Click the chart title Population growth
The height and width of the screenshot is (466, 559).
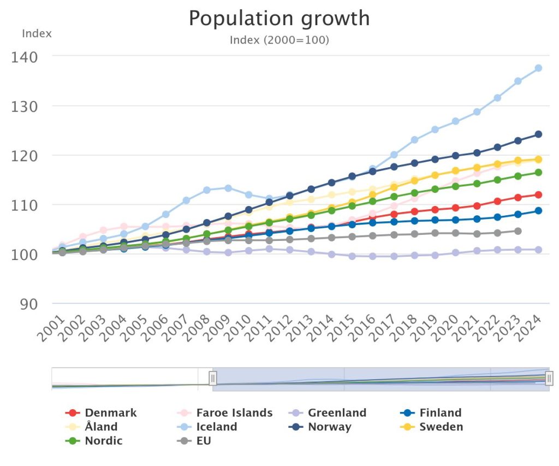click(x=279, y=19)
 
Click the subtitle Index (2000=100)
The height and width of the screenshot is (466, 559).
click(x=279, y=40)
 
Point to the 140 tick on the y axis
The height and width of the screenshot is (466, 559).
click(x=27, y=56)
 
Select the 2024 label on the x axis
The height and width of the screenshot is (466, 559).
click(x=532, y=329)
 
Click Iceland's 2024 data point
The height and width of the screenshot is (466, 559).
click(x=538, y=68)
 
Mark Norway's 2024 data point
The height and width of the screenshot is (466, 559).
click(x=538, y=134)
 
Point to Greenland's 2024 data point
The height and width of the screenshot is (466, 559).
click(x=538, y=250)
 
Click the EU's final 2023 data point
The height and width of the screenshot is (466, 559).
click(x=518, y=231)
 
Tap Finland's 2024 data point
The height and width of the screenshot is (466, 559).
click(x=538, y=210)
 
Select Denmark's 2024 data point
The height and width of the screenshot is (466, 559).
click(x=538, y=194)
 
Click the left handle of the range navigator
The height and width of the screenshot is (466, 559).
click(x=213, y=378)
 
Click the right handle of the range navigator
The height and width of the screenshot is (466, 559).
click(x=549, y=378)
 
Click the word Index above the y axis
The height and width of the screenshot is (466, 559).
click(x=37, y=33)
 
